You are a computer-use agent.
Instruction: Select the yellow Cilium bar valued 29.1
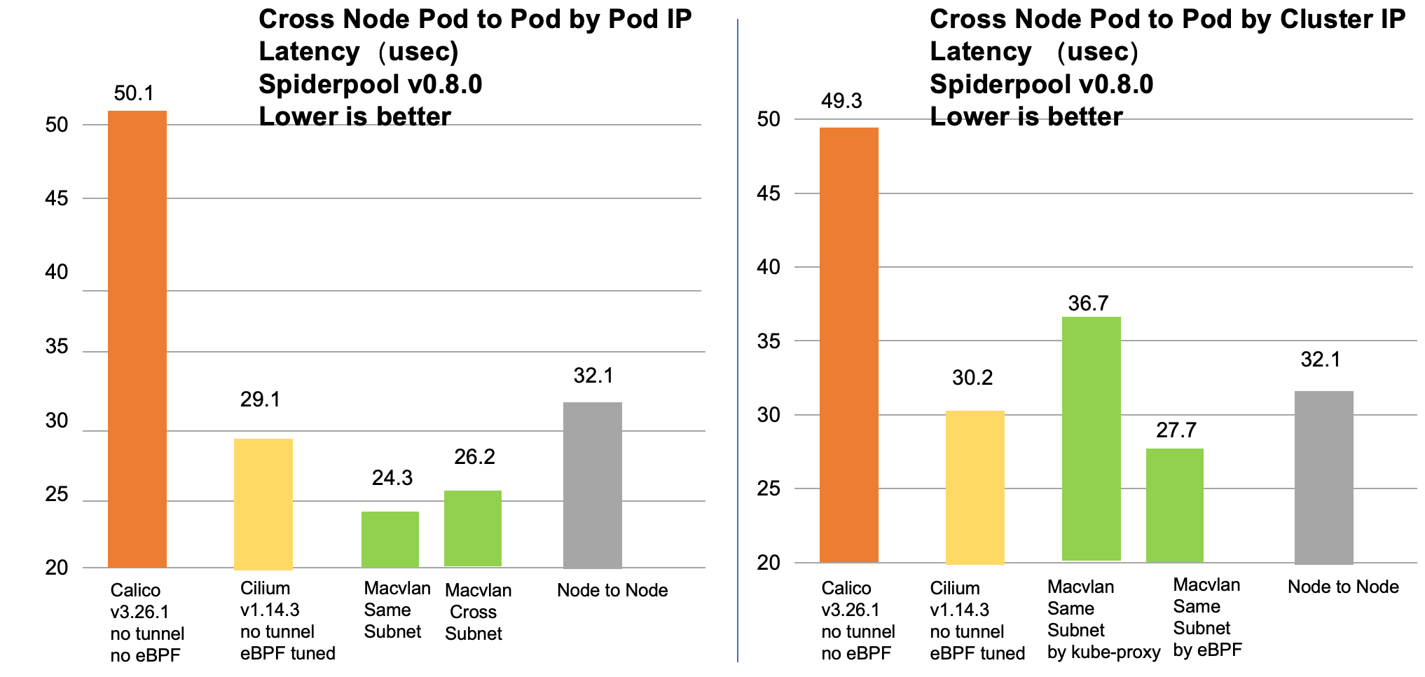tap(263, 503)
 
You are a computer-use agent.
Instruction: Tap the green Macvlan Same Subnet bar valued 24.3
tap(390, 540)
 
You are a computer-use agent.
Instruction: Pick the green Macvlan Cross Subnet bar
tap(473, 528)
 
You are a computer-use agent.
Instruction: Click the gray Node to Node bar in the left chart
tap(593, 485)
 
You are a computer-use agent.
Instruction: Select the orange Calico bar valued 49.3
tap(848, 345)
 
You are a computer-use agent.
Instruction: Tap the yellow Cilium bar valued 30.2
tap(975, 487)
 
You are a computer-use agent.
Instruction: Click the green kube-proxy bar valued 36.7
tap(1091, 439)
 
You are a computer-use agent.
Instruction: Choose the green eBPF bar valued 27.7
tap(1175, 505)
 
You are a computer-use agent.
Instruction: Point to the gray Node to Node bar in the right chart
tap(1323, 477)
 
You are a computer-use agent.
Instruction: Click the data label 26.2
tap(474, 457)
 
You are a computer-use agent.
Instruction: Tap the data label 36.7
tap(1088, 303)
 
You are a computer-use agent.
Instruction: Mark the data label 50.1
tap(133, 93)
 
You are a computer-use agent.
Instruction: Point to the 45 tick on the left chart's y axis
tap(56, 199)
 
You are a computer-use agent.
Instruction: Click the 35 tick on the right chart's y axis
tap(769, 341)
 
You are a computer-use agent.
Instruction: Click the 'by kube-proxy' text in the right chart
tap(1103, 652)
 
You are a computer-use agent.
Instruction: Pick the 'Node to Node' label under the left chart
tap(612, 590)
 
